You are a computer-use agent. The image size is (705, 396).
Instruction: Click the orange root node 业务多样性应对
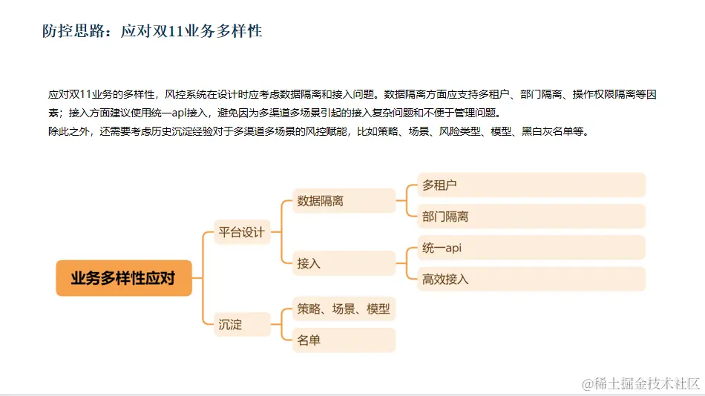click(x=123, y=278)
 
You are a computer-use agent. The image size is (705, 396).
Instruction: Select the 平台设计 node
click(x=240, y=231)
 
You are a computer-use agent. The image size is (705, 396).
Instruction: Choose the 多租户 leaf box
click(x=531, y=185)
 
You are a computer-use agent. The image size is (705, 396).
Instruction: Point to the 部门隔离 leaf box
click(x=531, y=217)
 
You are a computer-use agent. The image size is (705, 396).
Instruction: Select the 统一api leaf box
click(x=531, y=248)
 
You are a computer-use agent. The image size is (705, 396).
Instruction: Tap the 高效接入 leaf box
click(x=531, y=279)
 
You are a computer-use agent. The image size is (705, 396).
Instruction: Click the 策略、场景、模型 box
click(x=344, y=308)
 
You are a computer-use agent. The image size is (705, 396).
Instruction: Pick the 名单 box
click(x=344, y=340)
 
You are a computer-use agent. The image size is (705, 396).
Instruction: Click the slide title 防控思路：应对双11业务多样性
click(x=152, y=31)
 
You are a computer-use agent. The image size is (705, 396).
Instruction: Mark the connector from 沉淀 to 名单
click(x=282, y=332)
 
